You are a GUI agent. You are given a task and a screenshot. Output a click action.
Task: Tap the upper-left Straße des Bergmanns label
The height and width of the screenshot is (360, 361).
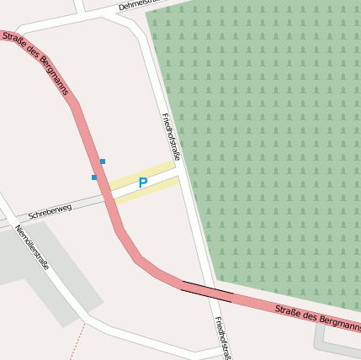click(35, 65)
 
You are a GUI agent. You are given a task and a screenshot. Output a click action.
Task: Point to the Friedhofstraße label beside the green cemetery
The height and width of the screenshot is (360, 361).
click(171, 135)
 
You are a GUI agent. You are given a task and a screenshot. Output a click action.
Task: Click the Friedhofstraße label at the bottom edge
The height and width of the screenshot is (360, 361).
click(222, 338)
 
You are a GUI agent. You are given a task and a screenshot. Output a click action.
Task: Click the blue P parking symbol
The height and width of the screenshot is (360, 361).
click(143, 183)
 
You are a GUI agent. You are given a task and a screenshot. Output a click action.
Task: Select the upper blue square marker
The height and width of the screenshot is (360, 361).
click(103, 161)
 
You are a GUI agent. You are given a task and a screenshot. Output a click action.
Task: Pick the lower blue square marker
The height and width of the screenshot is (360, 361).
click(94, 177)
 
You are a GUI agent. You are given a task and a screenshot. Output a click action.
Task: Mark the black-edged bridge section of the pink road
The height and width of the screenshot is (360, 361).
click(207, 292)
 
